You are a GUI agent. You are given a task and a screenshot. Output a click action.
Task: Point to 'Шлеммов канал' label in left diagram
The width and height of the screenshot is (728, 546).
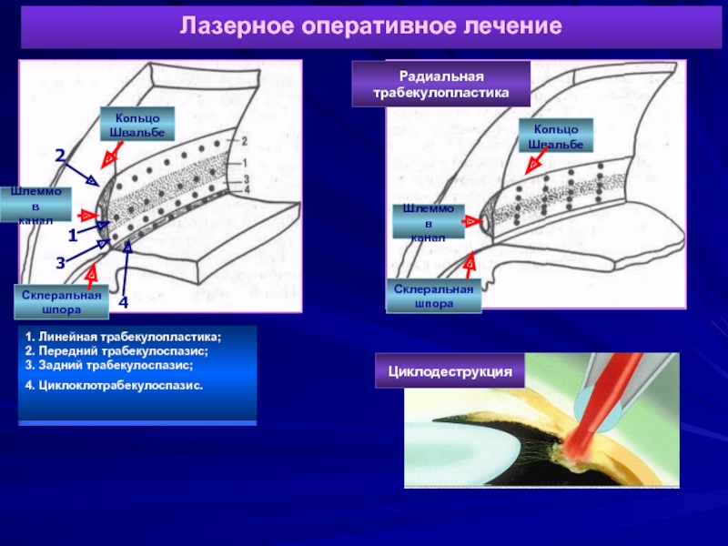tap(35, 206)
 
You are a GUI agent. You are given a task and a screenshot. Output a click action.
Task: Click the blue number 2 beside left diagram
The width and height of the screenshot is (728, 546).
tap(60, 157)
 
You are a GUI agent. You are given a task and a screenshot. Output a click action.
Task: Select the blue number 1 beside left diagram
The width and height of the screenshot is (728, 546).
tap(73, 235)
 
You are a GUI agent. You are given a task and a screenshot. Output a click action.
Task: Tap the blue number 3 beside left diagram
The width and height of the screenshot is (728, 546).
tap(60, 263)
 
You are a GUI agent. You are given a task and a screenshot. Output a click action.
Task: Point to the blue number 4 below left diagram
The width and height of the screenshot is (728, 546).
tap(124, 301)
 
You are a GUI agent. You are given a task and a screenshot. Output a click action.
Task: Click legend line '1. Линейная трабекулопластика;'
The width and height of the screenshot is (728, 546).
tap(124, 338)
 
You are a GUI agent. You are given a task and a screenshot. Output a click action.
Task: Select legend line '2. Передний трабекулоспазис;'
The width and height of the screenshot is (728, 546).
tap(117, 350)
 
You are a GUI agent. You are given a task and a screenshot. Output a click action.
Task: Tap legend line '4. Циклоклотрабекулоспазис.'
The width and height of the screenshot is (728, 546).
tap(115, 385)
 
